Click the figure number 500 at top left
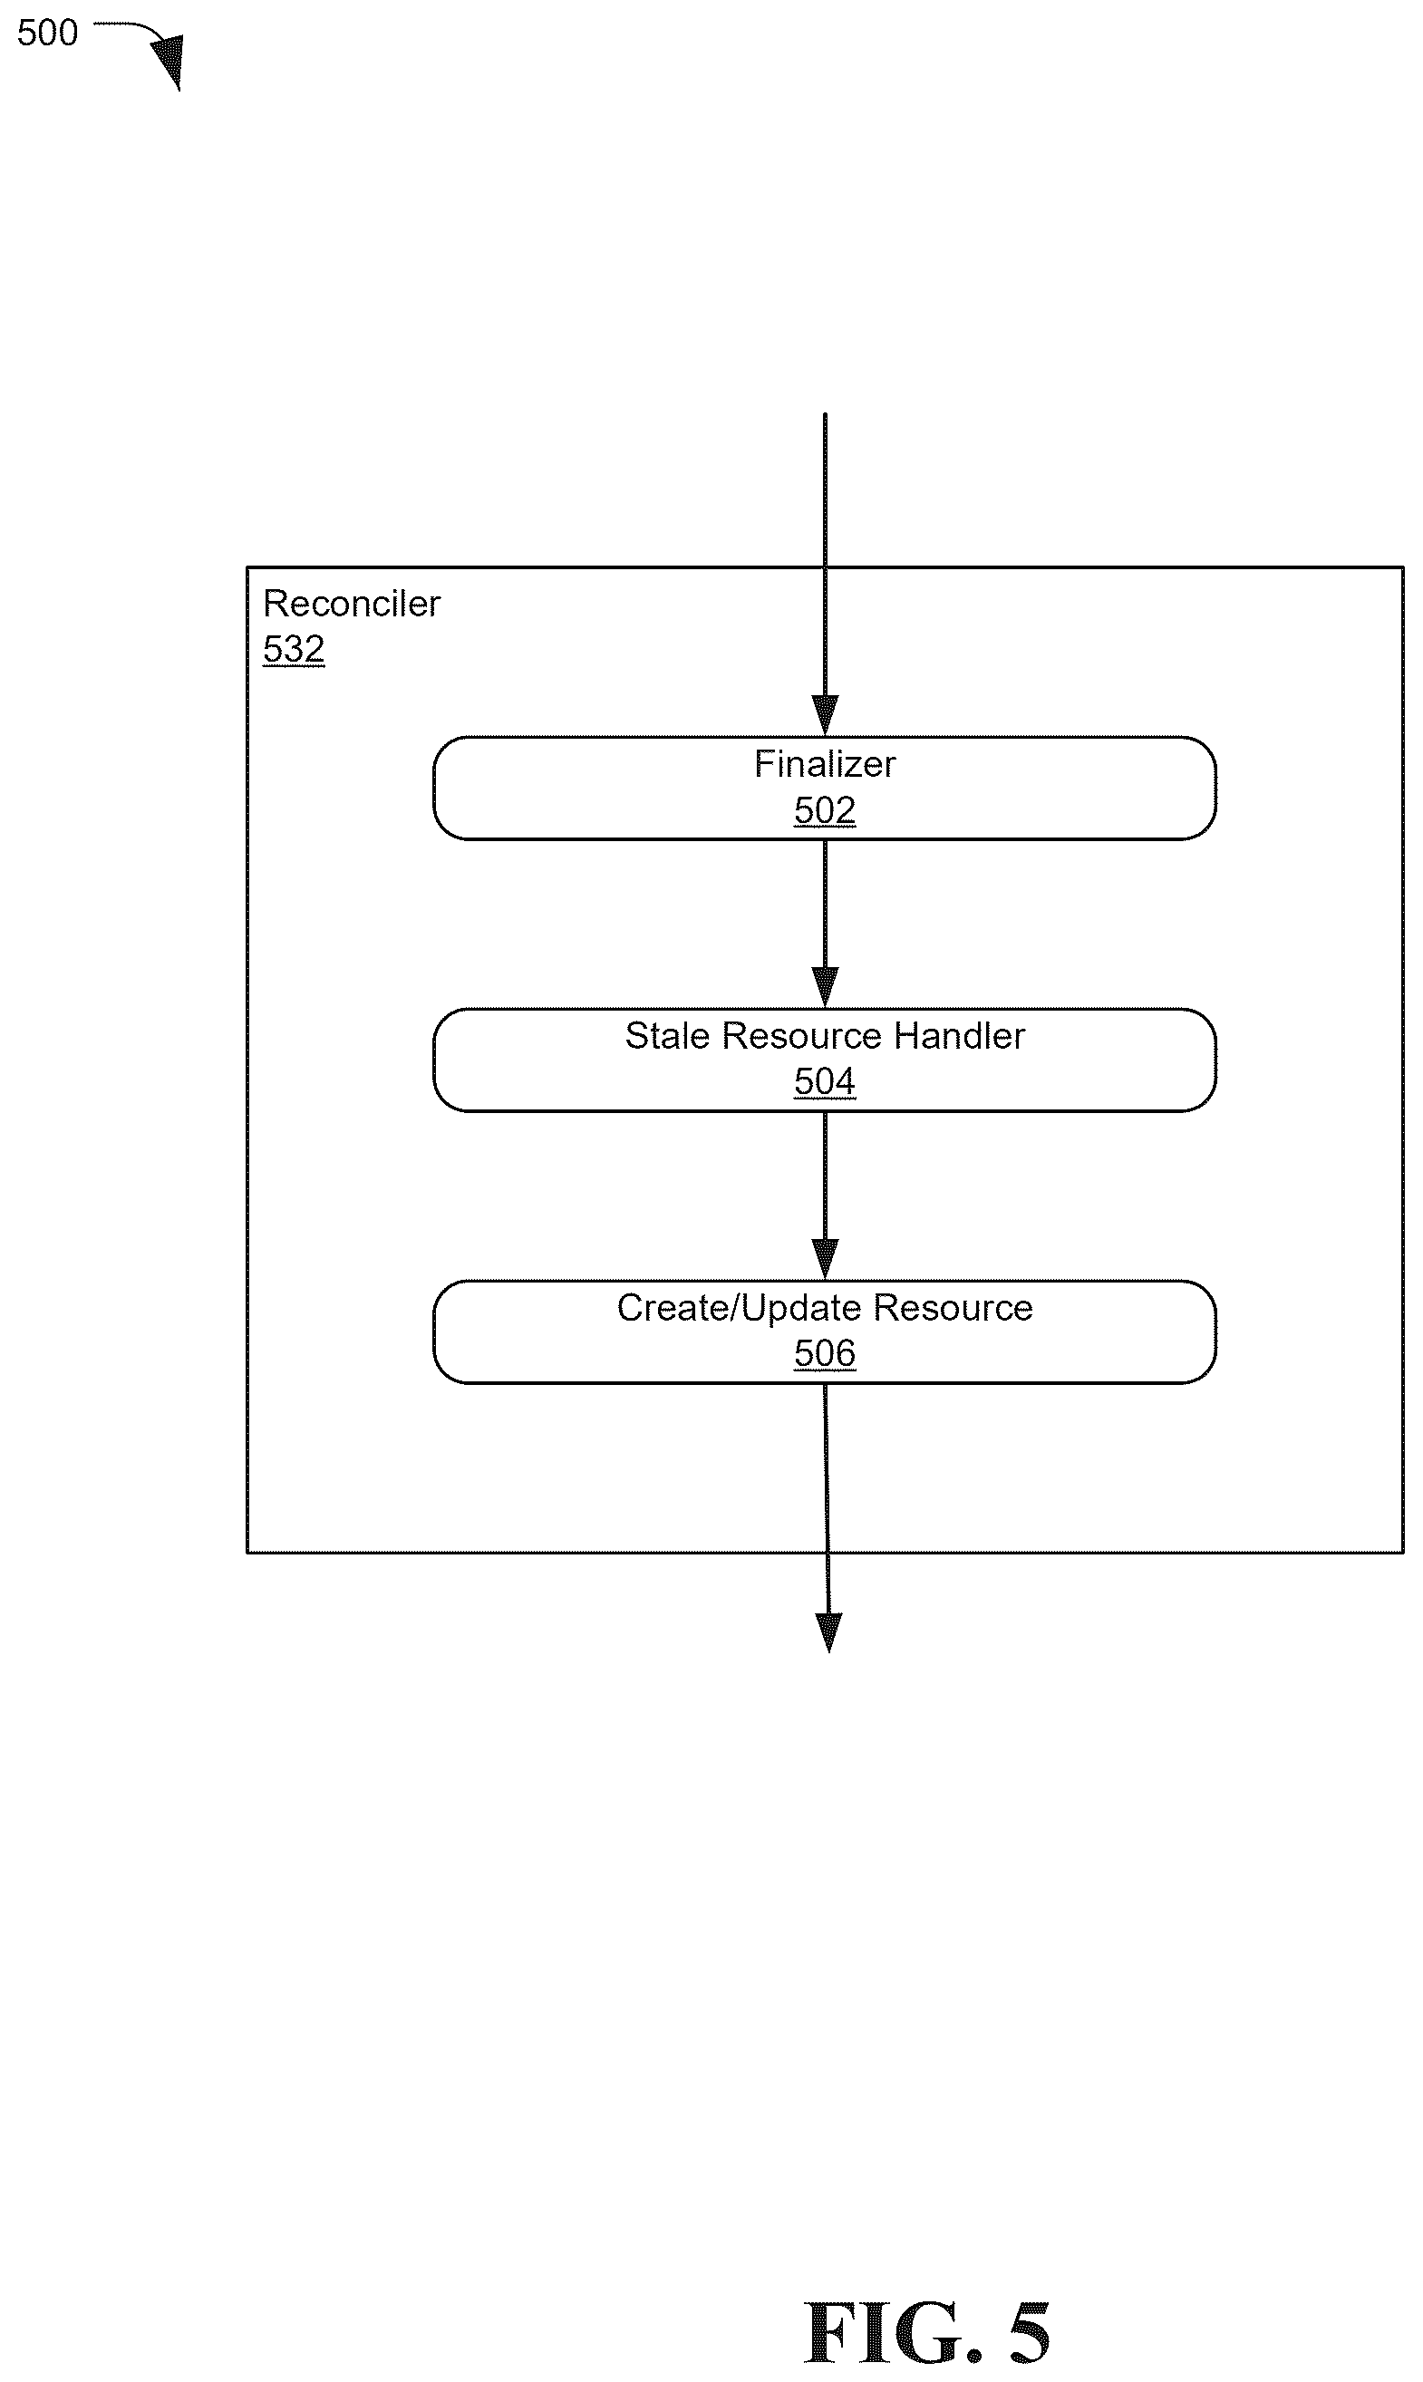(47, 33)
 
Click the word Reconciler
(351, 603)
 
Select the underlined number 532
(294, 649)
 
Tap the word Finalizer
(825, 763)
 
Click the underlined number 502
(825, 810)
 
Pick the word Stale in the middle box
(667, 1036)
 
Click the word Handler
(959, 1036)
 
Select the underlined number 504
(825, 1081)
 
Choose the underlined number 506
(825, 1353)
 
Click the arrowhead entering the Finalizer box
(825, 715)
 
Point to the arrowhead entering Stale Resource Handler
(825, 988)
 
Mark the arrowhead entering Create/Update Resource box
(825, 1259)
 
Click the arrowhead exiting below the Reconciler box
(828, 1633)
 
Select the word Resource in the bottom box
(954, 1308)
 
